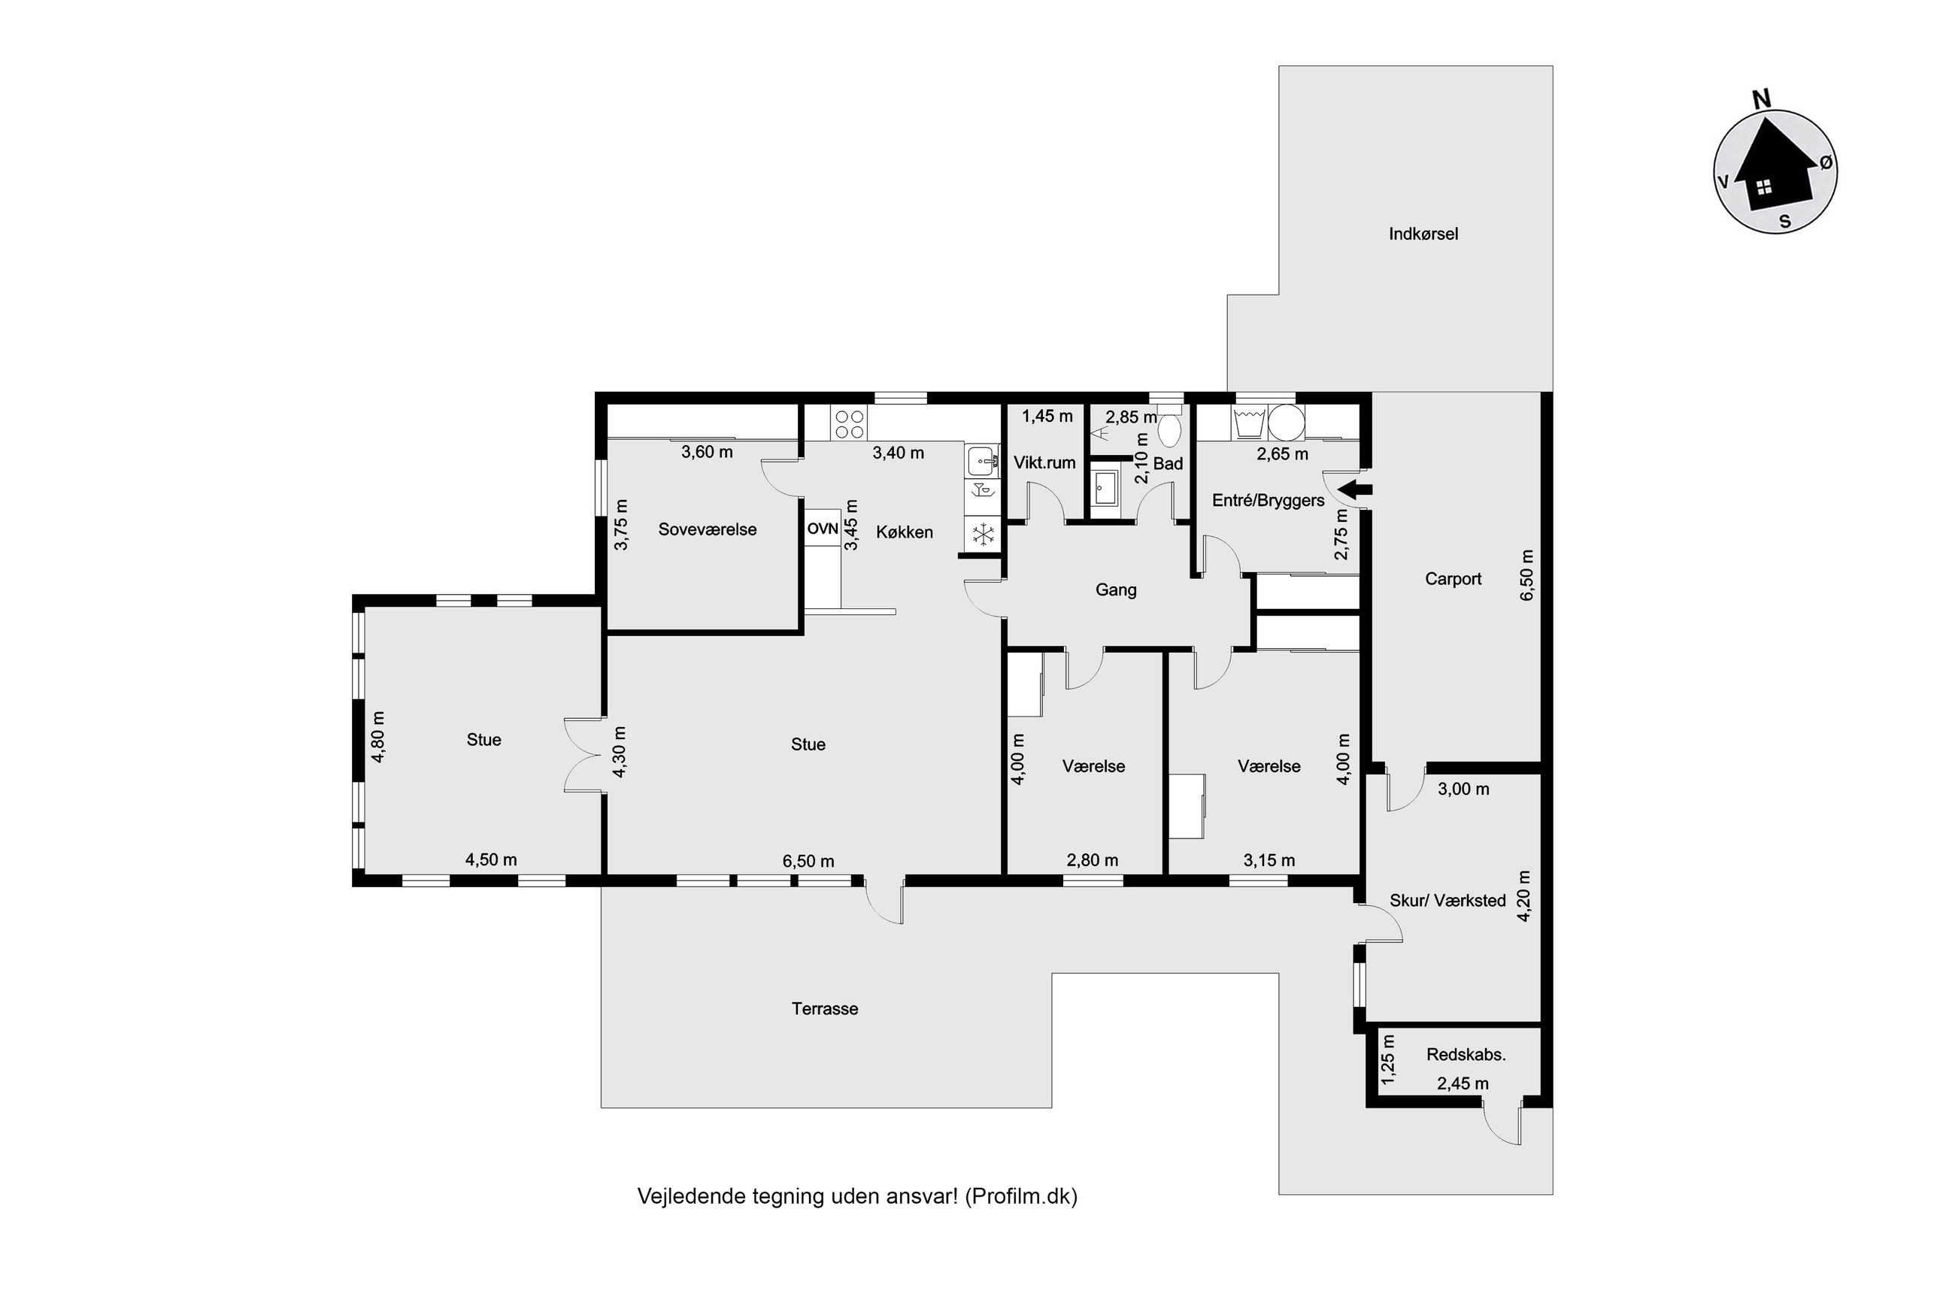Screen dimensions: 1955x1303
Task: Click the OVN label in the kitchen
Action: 822,529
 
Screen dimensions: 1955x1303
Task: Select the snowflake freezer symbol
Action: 983,535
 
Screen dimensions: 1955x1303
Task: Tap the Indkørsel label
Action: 1423,235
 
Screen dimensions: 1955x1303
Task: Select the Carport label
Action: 1452,579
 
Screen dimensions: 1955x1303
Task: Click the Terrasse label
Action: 824,1009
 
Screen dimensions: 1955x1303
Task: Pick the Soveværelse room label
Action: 707,529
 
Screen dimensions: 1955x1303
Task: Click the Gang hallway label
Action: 1115,590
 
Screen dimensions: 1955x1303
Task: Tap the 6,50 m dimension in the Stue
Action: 808,862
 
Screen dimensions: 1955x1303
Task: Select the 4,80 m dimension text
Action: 379,736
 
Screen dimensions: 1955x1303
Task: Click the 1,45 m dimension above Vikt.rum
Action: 1047,417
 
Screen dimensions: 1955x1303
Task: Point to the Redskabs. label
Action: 1465,1056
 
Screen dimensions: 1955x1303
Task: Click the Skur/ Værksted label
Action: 1447,901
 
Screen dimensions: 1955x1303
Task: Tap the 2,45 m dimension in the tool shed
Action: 1462,1083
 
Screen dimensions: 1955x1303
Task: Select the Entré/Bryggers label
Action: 1268,500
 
